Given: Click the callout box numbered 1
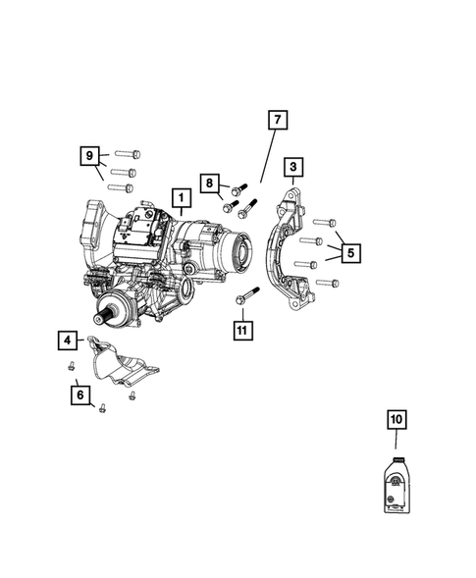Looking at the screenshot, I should [x=181, y=199].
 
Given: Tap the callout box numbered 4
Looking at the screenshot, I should [x=67, y=342].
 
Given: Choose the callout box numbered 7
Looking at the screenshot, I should [x=277, y=122].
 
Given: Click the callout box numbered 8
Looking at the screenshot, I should [x=209, y=183].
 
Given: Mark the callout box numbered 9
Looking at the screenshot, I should [x=90, y=156].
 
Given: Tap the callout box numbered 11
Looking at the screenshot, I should [x=240, y=327].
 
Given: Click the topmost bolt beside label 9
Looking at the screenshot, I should [x=129, y=154].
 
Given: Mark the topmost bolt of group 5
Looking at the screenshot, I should [x=326, y=223].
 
